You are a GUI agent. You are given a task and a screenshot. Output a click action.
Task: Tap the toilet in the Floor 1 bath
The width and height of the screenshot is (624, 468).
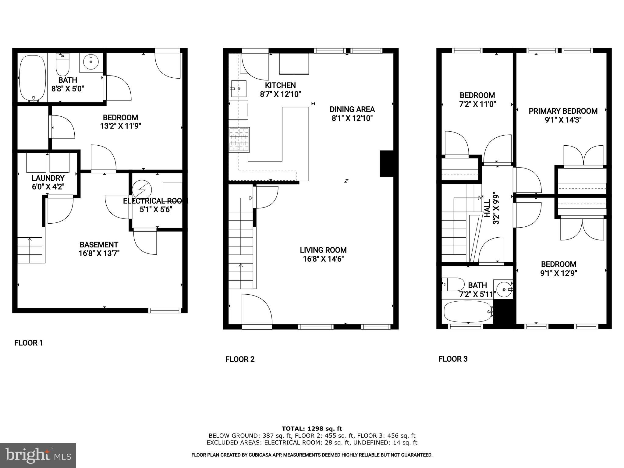pos(63,65)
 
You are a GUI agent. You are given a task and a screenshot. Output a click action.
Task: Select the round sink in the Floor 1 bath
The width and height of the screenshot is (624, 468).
pos(91,62)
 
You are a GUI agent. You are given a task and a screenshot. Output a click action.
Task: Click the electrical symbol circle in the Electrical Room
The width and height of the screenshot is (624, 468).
pos(142,190)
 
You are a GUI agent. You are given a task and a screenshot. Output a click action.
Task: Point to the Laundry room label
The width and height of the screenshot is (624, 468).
pos(48,178)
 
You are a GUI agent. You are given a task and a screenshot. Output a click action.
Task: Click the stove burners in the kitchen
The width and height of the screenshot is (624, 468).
pos(239,140)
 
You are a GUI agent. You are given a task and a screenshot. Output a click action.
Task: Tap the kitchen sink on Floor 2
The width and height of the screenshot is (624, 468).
pos(239,88)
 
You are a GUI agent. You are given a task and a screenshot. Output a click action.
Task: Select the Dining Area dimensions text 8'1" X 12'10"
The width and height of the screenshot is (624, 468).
pos(352,118)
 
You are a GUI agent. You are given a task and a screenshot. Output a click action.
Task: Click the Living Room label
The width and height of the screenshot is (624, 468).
pos(323,250)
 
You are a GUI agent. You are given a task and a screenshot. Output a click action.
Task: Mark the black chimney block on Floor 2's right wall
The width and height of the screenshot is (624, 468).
pos(387,164)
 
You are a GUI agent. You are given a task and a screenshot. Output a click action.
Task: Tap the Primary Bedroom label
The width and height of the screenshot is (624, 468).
pos(563,111)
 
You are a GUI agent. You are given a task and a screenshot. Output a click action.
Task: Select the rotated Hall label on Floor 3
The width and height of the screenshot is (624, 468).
pos(487,208)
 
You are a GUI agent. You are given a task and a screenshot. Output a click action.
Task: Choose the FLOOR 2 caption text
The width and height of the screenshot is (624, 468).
pos(240,359)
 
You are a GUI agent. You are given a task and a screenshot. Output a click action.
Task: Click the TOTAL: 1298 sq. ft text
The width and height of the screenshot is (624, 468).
pos(312,429)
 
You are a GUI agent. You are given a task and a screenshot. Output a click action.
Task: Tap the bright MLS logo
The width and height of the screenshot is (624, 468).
pos(38,455)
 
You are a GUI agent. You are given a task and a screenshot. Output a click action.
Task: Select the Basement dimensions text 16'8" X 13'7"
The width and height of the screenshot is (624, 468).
pos(99,253)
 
